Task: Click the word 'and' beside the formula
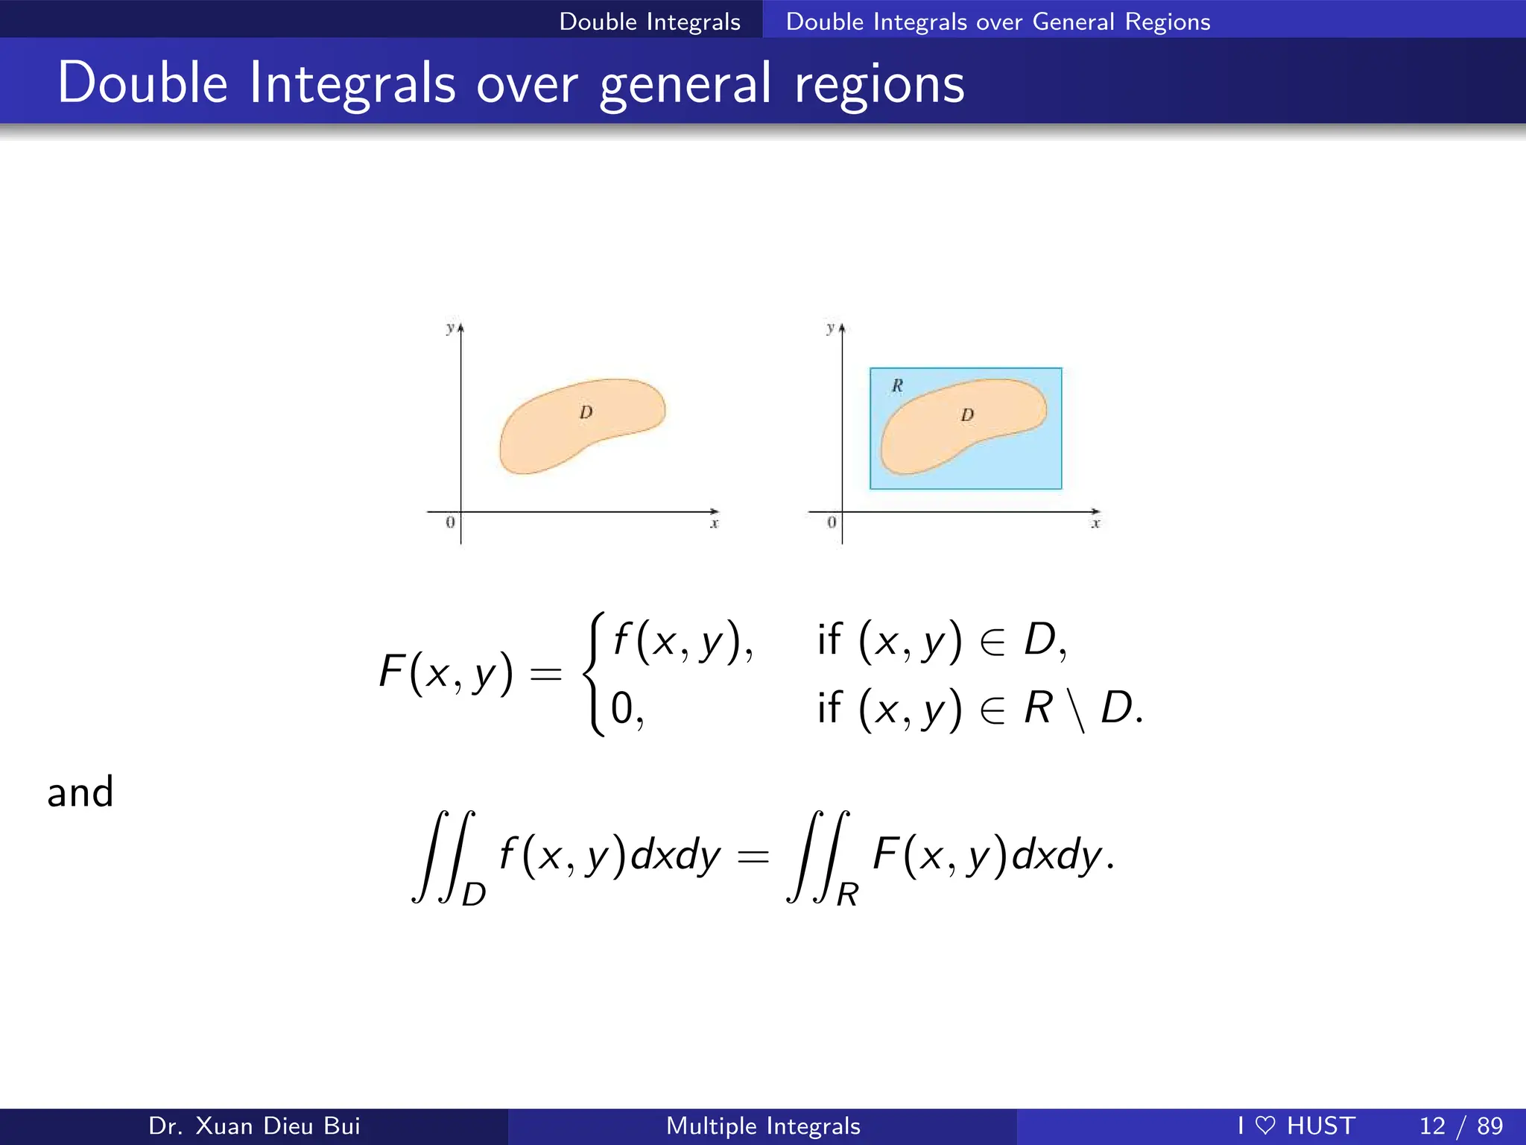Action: tap(80, 792)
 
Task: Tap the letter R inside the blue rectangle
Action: tap(897, 385)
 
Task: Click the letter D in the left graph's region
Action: tap(586, 412)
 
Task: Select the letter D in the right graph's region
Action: tap(967, 414)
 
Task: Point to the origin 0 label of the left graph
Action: tap(450, 523)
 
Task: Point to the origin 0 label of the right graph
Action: tap(832, 523)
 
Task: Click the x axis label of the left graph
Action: tap(715, 524)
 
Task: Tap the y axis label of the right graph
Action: tap(830, 328)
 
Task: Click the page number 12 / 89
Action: tap(1461, 1126)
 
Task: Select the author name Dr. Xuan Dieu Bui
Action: tap(254, 1126)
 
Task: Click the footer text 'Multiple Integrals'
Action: tap(763, 1126)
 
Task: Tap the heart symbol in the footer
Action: tap(1265, 1126)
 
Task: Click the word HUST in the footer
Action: tap(1321, 1126)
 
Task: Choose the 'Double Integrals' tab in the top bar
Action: tap(650, 22)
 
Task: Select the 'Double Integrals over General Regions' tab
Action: tap(998, 22)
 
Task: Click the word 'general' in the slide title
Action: tap(686, 83)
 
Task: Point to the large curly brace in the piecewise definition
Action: tap(594, 674)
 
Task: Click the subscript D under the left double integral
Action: tap(474, 894)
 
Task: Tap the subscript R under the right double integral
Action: tap(848, 894)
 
